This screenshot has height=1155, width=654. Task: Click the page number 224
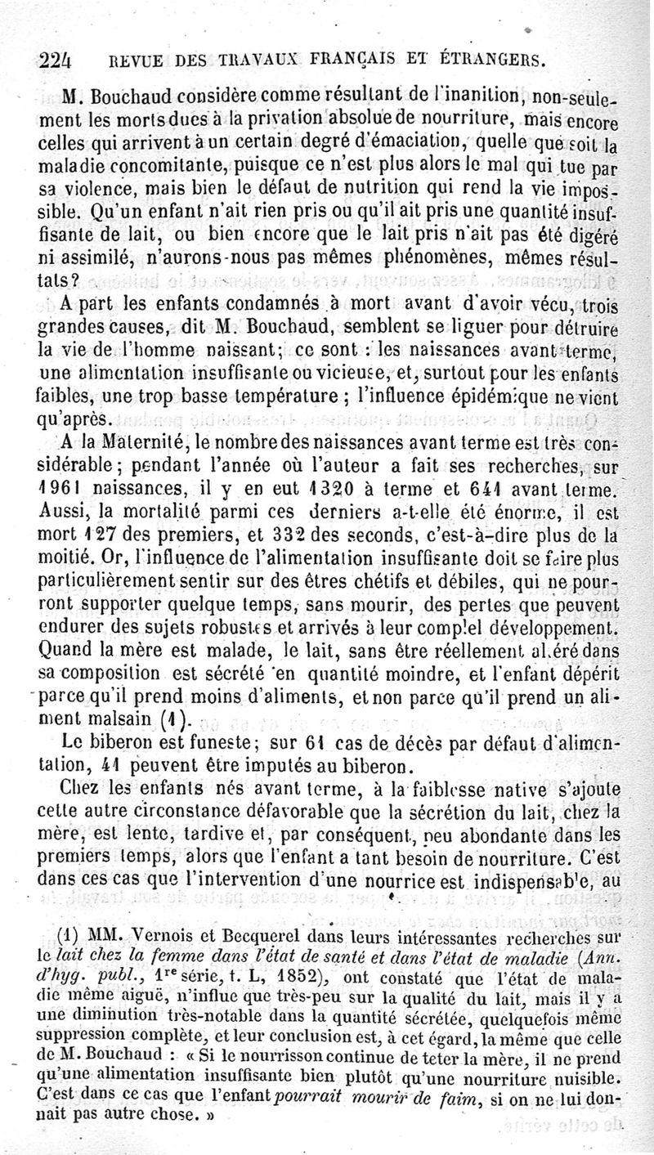point(56,60)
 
